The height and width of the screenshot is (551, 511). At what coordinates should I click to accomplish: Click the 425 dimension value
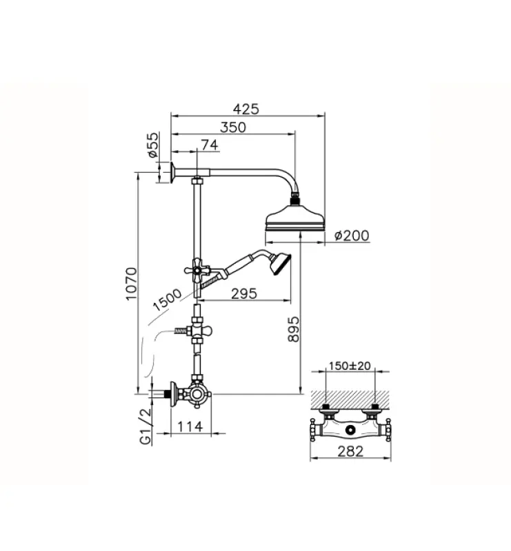pos(246,109)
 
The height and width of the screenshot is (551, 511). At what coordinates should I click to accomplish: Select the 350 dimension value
pos(235,127)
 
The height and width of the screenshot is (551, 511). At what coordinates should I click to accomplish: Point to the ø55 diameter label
pos(154,145)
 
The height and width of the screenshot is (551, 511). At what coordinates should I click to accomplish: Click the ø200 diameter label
pos(351,236)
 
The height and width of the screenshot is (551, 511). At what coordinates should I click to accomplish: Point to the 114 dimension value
pos(190,427)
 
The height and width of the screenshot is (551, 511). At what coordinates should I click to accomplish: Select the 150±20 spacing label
pos(350,365)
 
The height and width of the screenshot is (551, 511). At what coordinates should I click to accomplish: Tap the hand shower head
pos(281,264)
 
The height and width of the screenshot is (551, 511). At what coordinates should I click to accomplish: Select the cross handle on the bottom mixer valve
pos(201,395)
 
